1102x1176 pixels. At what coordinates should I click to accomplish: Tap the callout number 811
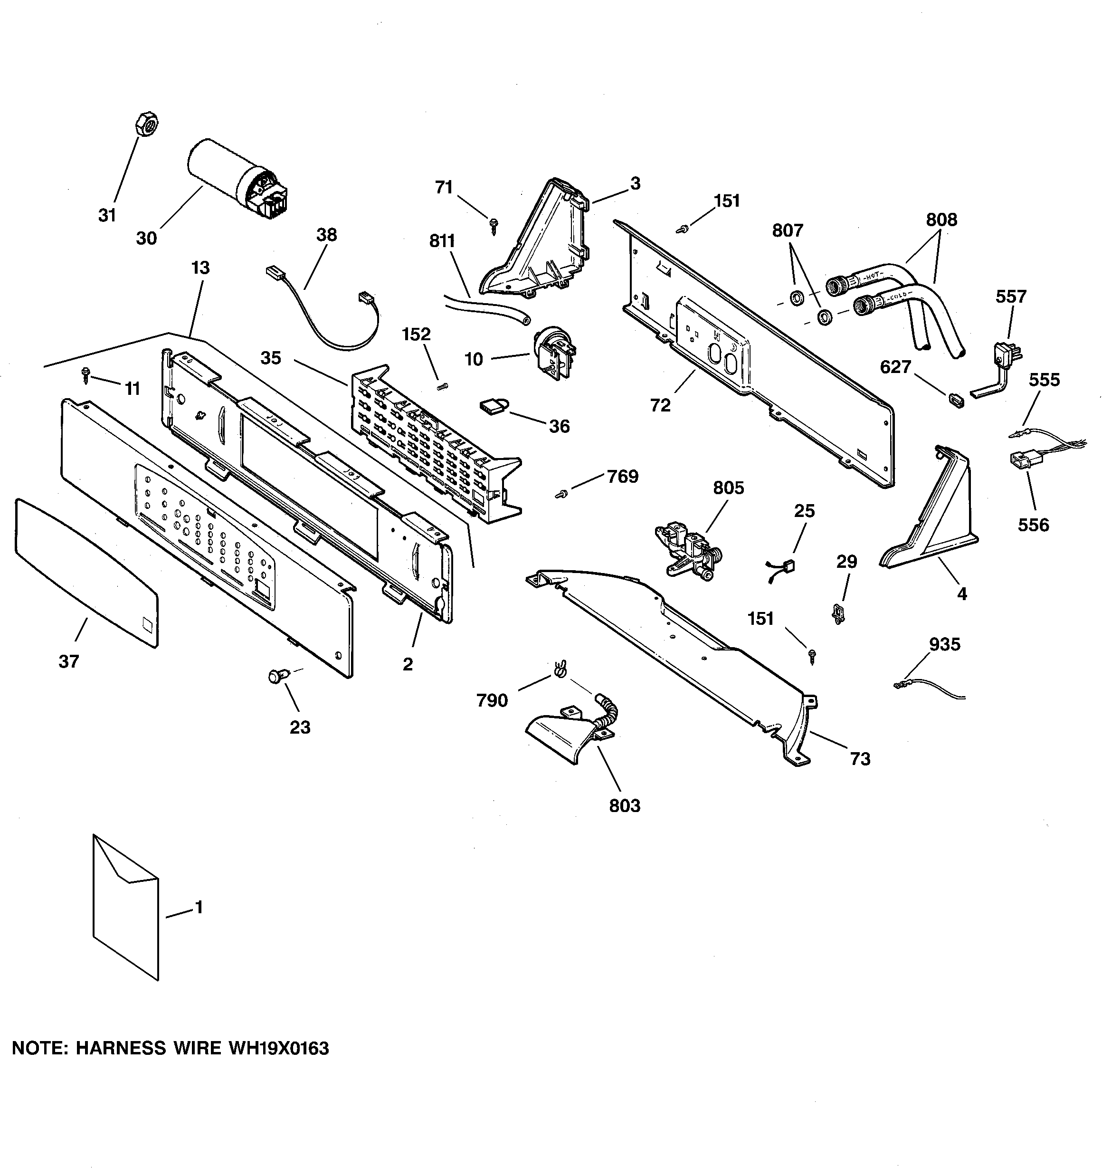click(x=442, y=241)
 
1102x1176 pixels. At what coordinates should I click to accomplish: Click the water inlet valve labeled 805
click(x=689, y=548)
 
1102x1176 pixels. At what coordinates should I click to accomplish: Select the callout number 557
click(x=1011, y=296)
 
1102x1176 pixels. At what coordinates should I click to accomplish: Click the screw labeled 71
click(x=494, y=225)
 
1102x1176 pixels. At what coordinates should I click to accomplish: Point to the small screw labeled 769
click(x=561, y=493)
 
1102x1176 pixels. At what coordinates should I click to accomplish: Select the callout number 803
click(x=625, y=806)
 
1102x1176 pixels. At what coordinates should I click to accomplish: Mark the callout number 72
click(x=660, y=405)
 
